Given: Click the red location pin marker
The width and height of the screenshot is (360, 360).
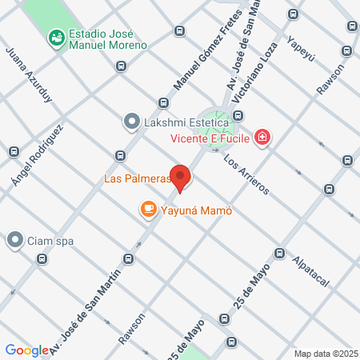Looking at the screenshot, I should tap(181, 178).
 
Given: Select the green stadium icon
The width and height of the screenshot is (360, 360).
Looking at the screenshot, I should tap(56, 37).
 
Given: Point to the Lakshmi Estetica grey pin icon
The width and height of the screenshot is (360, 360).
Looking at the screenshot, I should tap(131, 122).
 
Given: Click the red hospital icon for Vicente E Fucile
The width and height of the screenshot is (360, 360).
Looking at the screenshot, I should tap(262, 138).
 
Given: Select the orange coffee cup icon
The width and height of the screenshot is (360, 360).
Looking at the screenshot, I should tap(148, 210).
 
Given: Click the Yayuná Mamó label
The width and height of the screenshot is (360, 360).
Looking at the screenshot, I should tap(196, 211).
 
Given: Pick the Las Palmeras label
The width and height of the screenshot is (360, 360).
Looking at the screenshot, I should tap(138, 178).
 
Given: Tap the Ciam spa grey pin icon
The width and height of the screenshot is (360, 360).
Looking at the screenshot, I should tap(15, 239).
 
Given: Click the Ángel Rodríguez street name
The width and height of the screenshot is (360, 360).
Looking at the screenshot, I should tap(37, 157).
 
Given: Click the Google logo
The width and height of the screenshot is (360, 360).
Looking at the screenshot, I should tap(27, 350).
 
